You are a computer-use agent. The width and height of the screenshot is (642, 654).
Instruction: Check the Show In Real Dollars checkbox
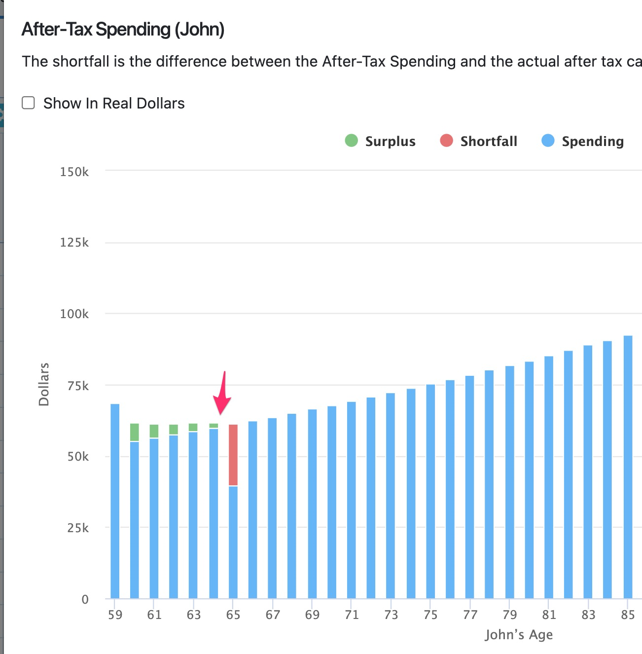point(29,103)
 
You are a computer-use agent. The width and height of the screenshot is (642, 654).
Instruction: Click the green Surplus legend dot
point(351,141)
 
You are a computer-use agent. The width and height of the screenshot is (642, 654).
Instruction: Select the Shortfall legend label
point(488,142)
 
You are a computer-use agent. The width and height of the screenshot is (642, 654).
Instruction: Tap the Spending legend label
point(592,142)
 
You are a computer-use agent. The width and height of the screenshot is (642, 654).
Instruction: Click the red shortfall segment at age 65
point(233,455)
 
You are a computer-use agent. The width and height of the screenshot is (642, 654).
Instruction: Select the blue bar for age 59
point(115,501)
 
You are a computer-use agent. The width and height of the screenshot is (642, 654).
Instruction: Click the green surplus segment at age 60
point(135,432)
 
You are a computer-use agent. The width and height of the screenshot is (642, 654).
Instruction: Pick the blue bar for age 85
point(628,467)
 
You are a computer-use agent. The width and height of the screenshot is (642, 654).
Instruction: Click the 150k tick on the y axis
point(74,172)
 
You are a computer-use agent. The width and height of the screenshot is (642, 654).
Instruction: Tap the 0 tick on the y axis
point(85,599)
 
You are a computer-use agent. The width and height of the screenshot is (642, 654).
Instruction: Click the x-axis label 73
point(391,615)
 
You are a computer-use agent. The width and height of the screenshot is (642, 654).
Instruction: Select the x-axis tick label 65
point(233,615)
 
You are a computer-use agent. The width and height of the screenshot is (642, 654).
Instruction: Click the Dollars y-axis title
point(44,384)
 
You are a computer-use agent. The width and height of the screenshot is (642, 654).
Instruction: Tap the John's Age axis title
point(518,635)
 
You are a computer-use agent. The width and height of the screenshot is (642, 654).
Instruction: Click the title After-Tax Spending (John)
point(123,30)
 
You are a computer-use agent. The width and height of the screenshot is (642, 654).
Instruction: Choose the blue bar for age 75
point(430,491)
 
